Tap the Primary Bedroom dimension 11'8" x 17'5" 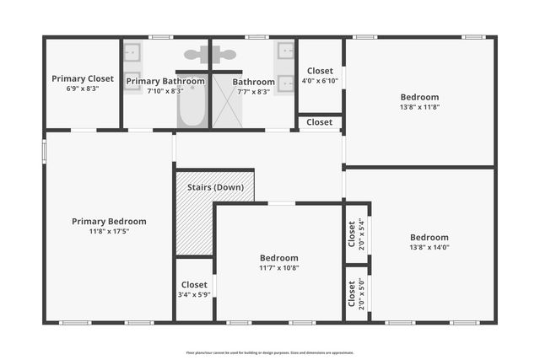109,231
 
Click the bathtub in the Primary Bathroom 192,103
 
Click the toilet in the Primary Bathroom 199,55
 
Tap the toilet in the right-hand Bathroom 223,55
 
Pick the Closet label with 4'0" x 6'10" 320,71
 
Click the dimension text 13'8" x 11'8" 419,107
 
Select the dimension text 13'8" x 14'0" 429,247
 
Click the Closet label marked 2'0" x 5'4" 352,234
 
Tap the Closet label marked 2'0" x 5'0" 352,293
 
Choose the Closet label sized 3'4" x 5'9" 194,285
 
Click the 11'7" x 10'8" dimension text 278,267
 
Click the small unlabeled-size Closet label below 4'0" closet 319,122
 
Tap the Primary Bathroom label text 165,81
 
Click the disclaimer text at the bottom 270,352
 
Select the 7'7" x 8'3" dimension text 253,92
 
